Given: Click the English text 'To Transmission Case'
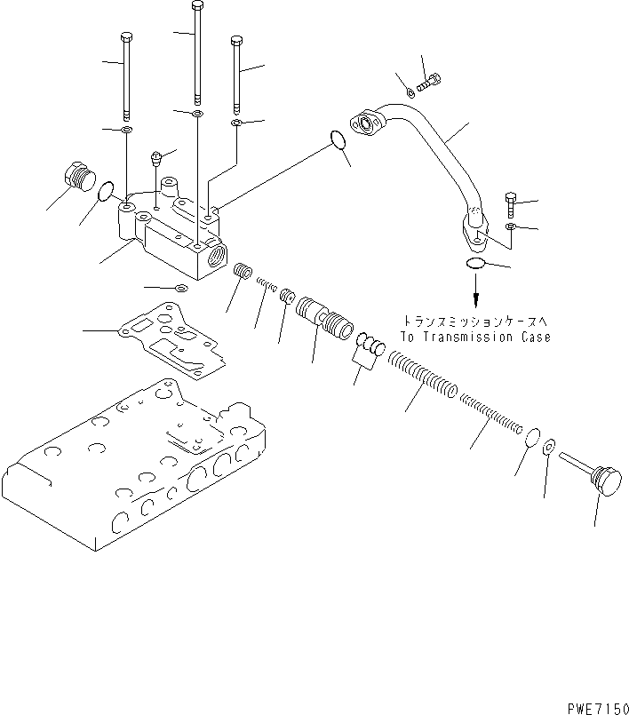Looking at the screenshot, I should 474,338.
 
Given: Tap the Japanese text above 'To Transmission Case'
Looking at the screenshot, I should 475,323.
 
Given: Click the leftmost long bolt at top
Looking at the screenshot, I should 128,75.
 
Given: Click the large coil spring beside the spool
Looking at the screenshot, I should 425,377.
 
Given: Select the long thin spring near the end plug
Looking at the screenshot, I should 490,415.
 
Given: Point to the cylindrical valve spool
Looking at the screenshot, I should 323,319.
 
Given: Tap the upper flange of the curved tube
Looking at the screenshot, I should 365,124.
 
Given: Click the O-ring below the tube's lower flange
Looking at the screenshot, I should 475,264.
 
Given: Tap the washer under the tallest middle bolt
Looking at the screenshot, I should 197,115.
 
